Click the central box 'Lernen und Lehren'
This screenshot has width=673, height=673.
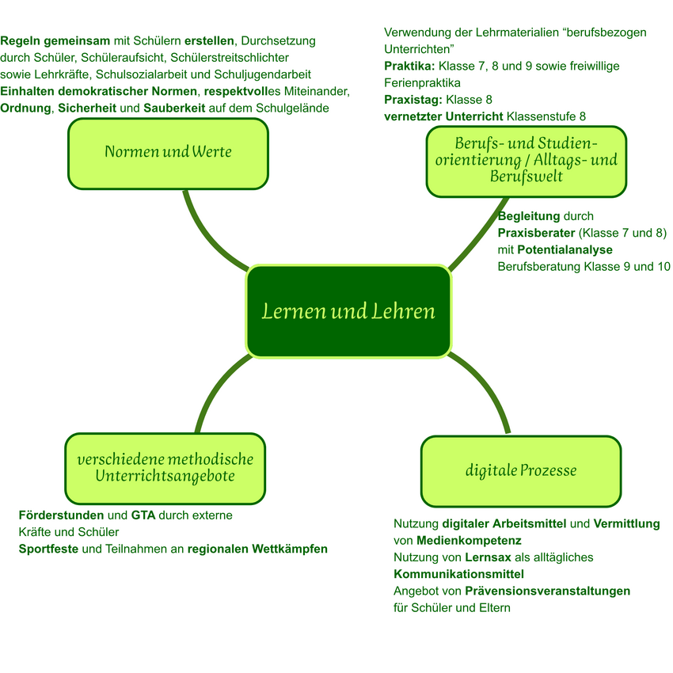tap(348, 311)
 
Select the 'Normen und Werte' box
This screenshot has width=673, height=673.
tap(168, 154)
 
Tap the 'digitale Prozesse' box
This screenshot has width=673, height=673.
tap(520, 471)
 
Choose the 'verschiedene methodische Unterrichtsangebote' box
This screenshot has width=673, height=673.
tap(165, 469)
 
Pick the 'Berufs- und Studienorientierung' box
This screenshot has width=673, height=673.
tap(526, 162)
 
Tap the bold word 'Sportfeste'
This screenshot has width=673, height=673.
tap(48, 549)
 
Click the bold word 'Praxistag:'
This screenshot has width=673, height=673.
tap(413, 100)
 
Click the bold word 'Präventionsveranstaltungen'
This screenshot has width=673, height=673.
tap(547, 591)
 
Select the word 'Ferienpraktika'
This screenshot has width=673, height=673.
tap(422, 82)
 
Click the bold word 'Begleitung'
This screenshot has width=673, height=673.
tap(528, 216)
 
